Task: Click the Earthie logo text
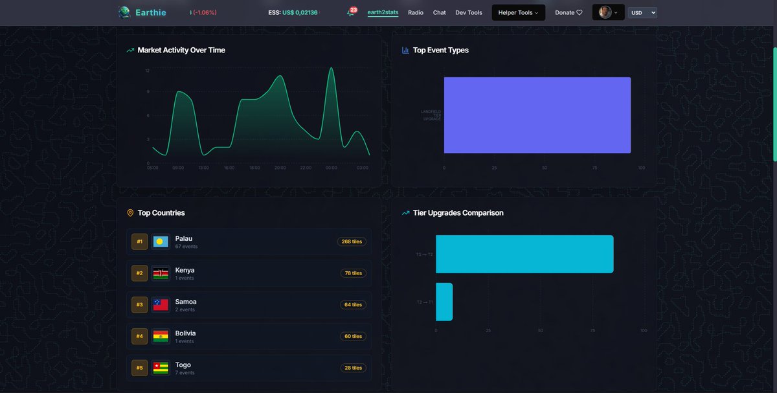pos(150,12)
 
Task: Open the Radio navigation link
pos(416,12)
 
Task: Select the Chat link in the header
pos(440,12)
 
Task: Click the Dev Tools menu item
pos(469,12)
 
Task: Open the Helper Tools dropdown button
pos(518,12)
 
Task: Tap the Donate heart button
pos(569,12)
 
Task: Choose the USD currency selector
pos(642,12)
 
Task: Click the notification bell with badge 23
pos(351,12)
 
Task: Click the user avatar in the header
pos(605,12)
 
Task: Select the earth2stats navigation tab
pos(383,12)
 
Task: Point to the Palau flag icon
pos(161,241)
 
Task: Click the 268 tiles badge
pos(352,241)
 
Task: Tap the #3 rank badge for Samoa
pos(140,305)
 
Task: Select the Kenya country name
pos(185,270)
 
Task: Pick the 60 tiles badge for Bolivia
pos(353,337)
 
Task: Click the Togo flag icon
pos(161,368)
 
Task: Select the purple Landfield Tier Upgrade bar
pos(537,115)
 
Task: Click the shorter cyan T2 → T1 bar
pos(444,302)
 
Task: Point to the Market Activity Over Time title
pos(181,50)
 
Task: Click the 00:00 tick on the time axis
pos(332,168)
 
